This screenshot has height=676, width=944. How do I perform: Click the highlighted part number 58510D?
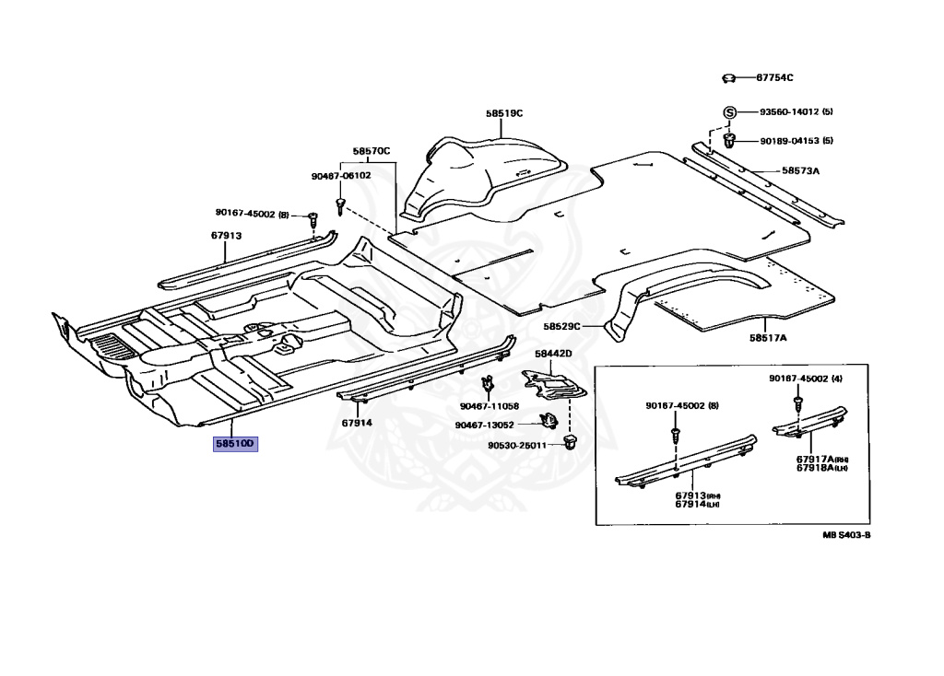click(x=235, y=444)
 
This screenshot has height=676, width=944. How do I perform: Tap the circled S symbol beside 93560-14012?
click(x=728, y=112)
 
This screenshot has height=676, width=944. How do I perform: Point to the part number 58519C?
click(x=504, y=113)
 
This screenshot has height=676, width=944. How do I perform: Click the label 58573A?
click(x=800, y=170)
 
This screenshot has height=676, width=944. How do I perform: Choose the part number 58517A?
click(x=768, y=338)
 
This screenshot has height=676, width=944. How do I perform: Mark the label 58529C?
click(x=560, y=326)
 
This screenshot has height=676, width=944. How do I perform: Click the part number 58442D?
click(x=553, y=354)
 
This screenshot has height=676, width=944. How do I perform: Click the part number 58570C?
click(x=372, y=150)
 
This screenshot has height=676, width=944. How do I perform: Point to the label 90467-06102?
click(x=341, y=175)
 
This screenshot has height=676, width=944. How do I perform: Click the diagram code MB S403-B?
click(x=846, y=534)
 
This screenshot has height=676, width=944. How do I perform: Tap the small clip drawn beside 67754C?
click(x=728, y=78)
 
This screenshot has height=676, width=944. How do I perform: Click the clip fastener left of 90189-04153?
click(x=728, y=140)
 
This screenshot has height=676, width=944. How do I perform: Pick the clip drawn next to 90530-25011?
click(x=569, y=444)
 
